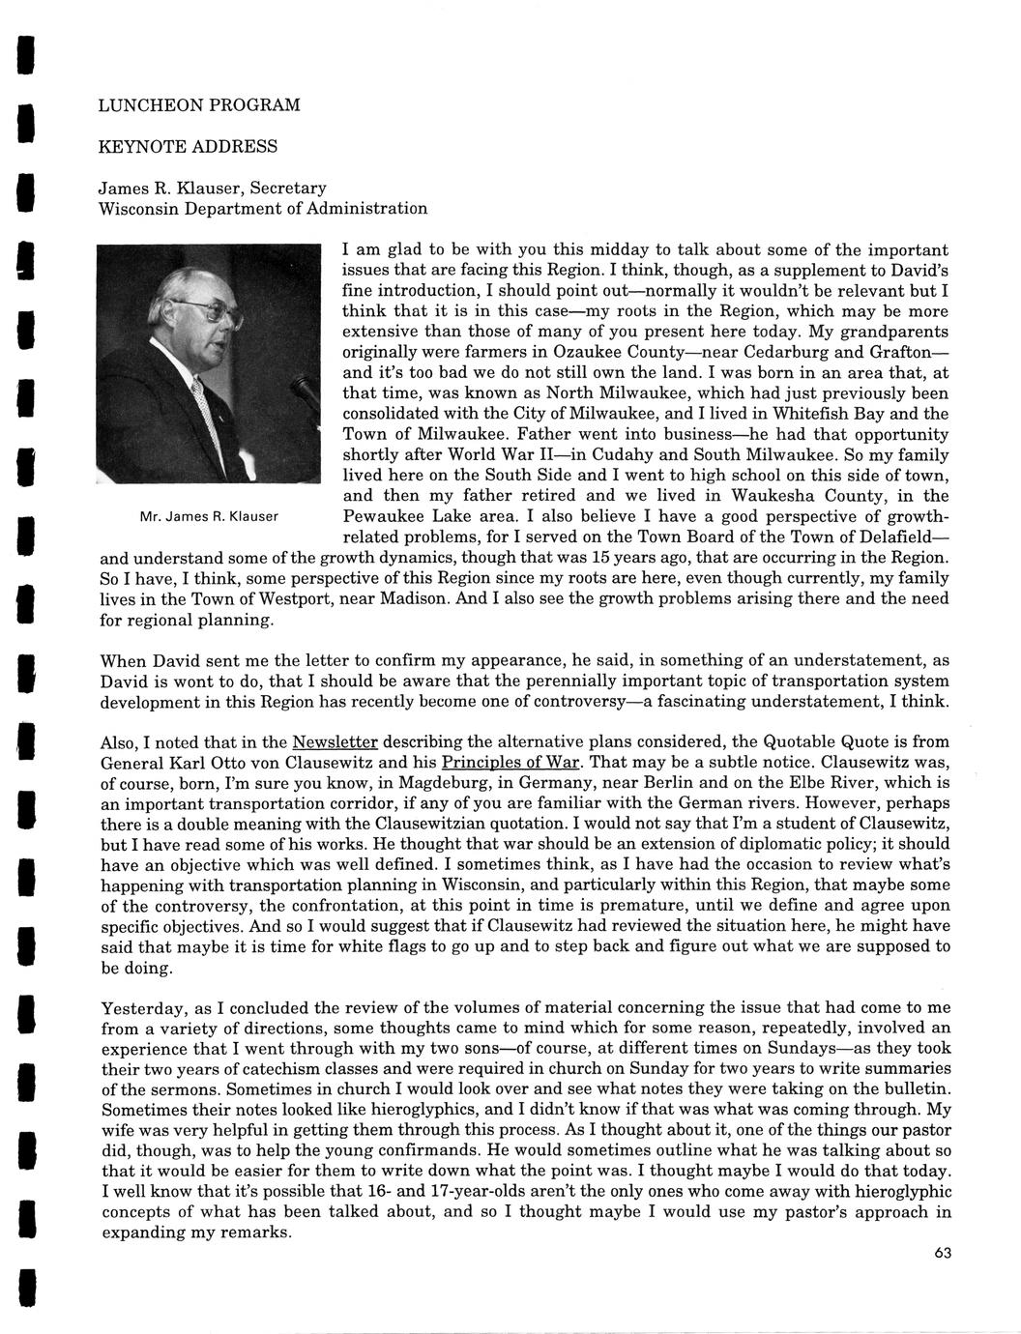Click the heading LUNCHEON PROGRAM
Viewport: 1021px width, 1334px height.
pos(200,104)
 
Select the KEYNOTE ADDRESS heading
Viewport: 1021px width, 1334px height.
pos(189,146)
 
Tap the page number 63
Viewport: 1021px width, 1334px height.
pos(944,1254)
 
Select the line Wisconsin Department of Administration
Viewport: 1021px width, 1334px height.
pos(263,208)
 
